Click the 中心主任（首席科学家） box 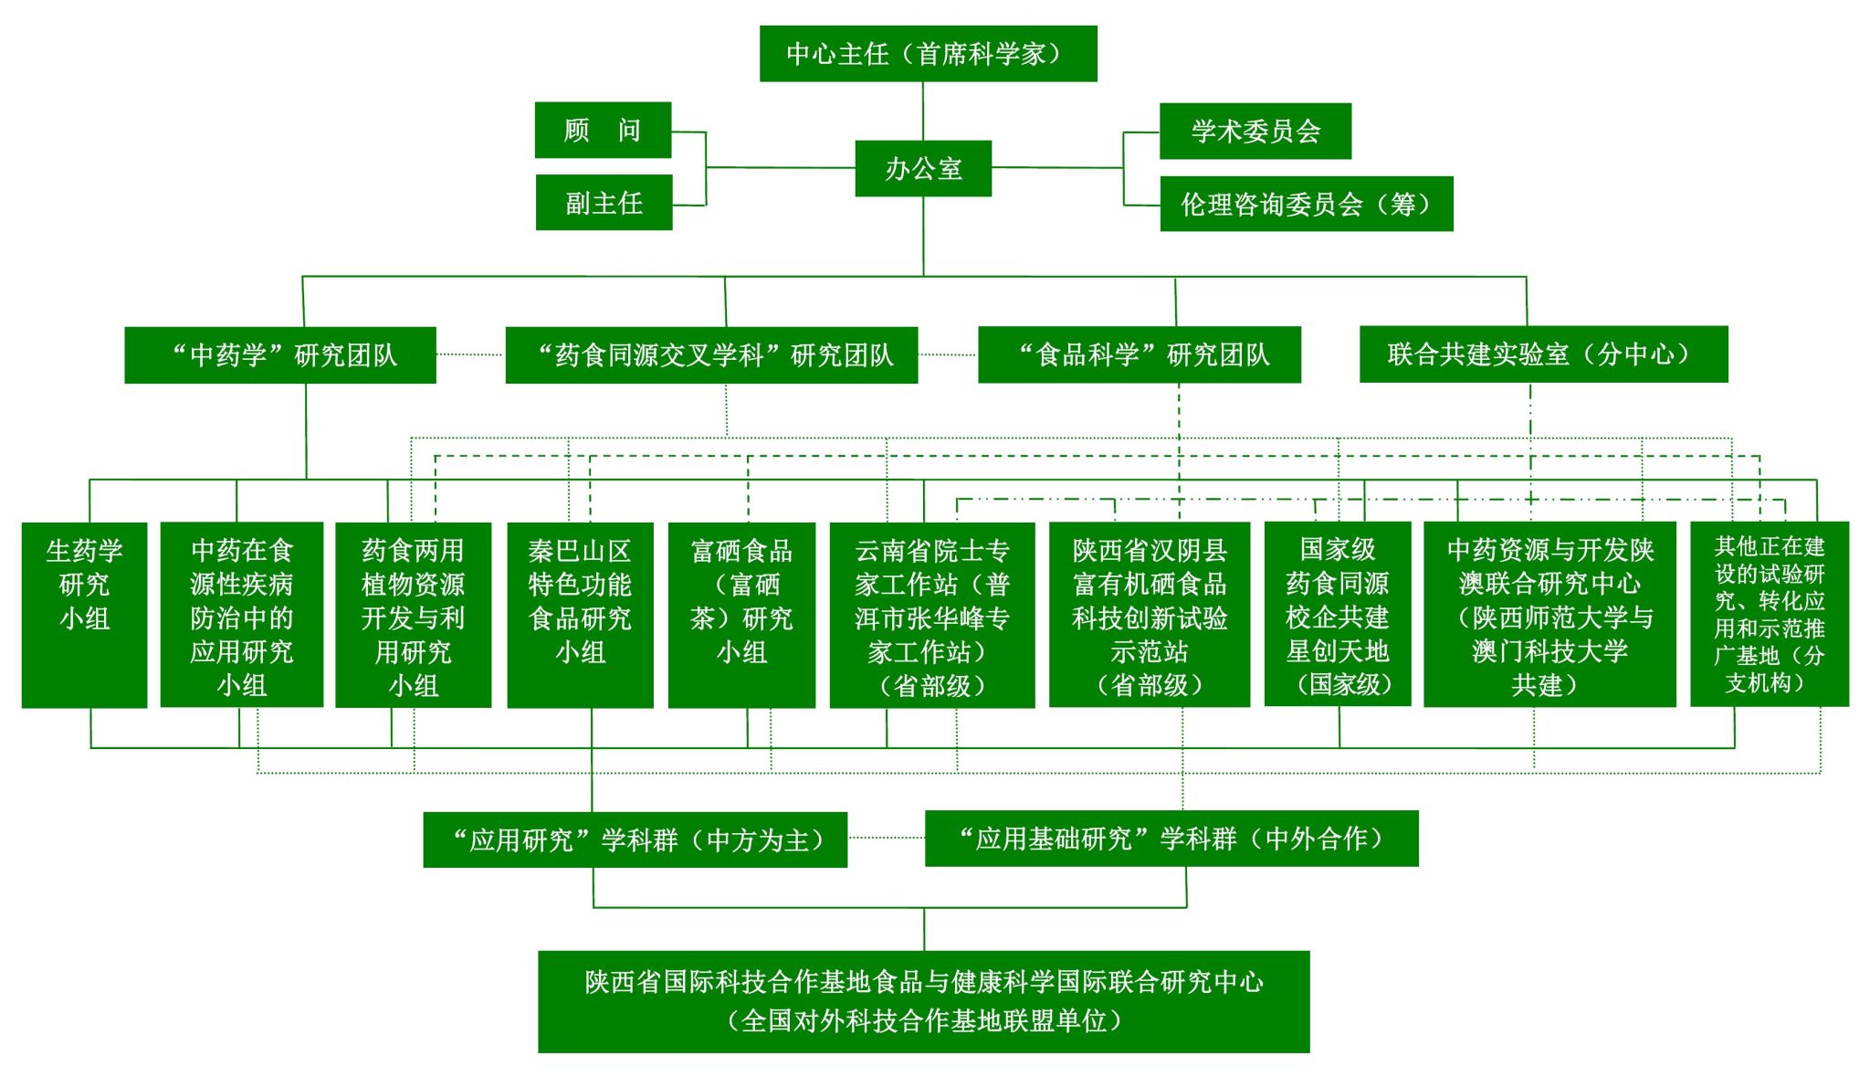click(928, 54)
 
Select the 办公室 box click(923, 168)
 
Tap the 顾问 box click(603, 130)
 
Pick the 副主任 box click(604, 203)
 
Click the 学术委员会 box click(1255, 131)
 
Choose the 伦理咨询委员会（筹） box click(1306, 204)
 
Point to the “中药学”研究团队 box click(280, 354)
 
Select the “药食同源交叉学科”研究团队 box click(711, 354)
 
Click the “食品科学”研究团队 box click(1139, 354)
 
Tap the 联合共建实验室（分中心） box click(1543, 354)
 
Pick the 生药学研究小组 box click(84, 614)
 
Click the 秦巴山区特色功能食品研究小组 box click(580, 614)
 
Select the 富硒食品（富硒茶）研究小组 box click(741, 614)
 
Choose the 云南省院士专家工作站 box click(931, 614)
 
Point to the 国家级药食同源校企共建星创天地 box click(1337, 614)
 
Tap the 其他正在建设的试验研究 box click(1769, 614)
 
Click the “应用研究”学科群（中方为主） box click(635, 839)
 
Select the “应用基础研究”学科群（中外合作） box click(1171, 838)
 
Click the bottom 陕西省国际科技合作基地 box click(923, 1001)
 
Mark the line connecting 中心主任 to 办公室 click(923, 111)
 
